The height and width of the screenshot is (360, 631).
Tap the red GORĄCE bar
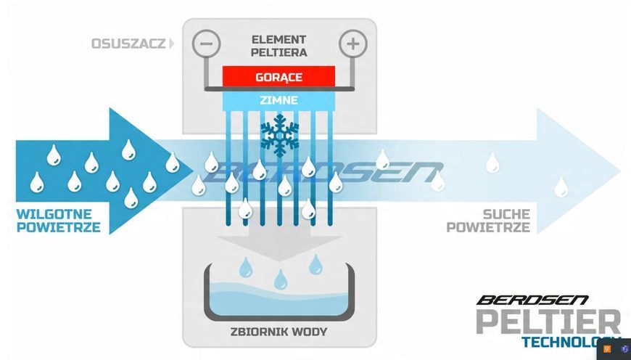pos(279,76)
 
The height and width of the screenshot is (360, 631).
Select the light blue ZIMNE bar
pos(279,100)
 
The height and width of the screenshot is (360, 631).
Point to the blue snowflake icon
pos(280,135)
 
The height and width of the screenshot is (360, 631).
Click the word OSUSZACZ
pos(128,44)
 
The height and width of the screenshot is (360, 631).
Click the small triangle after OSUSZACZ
pos(172,44)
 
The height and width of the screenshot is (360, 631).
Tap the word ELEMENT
pos(279,39)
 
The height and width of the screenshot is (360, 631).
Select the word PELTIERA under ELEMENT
pos(279,52)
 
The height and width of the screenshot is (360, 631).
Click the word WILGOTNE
pos(54,214)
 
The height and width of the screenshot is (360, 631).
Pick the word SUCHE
pos(506,214)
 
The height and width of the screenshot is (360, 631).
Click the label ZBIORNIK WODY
pos(279,332)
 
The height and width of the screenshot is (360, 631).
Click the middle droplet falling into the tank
pos(281,280)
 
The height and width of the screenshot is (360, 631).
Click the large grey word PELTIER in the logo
pos(548,322)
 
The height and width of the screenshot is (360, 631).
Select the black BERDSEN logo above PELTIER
pos(532,300)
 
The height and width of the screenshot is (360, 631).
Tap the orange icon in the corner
pos(607,348)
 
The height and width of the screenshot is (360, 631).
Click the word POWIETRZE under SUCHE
pos(488,227)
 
